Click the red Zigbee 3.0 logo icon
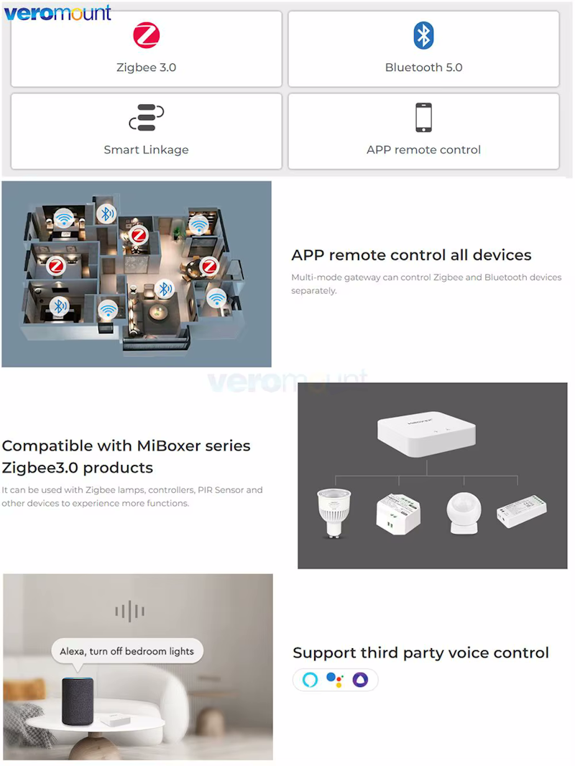[x=146, y=35]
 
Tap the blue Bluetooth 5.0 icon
[x=423, y=35]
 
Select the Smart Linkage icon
[x=146, y=118]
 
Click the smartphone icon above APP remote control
[x=423, y=117]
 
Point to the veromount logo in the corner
[x=57, y=13]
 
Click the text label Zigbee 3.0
[x=146, y=68]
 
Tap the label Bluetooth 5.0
[x=423, y=68]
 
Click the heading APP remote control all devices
[x=411, y=255]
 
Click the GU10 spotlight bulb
[x=334, y=512]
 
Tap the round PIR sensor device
[x=464, y=513]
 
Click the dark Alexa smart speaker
[x=78, y=701]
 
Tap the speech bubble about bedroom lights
[x=127, y=651]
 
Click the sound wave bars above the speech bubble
[x=129, y=611]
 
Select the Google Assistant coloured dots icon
[x=335, y=680]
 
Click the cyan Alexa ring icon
[x=310, y=680]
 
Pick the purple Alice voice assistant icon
[x=361, y=680]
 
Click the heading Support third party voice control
[x=420, y=653]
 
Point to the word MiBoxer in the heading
[x=169, y=446]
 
